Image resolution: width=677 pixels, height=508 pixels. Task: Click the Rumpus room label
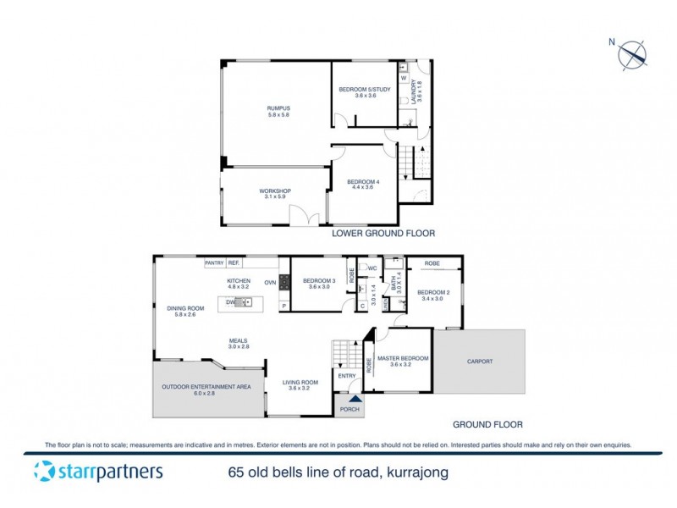point(279,108)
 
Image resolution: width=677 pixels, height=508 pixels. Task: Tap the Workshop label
point(275,191)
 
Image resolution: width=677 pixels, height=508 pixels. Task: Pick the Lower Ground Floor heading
point(383,232)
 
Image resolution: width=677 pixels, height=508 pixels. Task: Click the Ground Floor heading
point(487,424)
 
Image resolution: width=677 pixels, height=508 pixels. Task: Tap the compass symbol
point(632,54)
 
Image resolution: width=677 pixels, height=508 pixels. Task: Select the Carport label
point(480,362)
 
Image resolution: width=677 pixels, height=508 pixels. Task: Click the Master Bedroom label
point(403,358)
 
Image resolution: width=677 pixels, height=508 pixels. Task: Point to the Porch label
point(350,410)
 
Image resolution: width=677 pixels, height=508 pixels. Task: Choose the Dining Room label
point(185,308)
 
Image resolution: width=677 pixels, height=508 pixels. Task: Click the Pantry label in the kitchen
point(214,263)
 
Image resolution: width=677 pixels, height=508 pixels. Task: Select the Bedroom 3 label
point(319,280)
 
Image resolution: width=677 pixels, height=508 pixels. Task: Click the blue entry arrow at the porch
point(355,398)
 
